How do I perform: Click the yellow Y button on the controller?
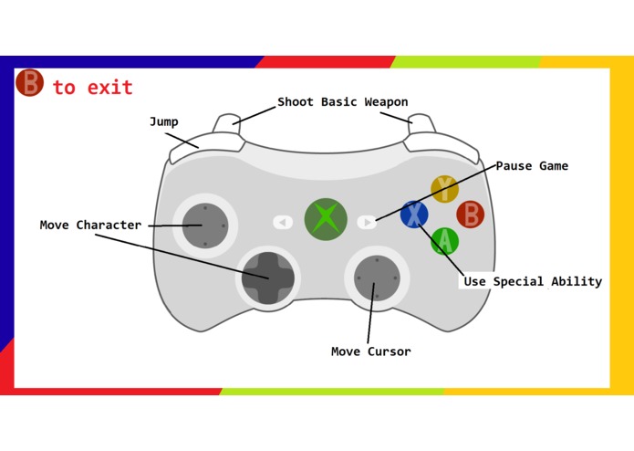point(444,189)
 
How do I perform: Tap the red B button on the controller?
point(471,215)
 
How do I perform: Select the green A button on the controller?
point(445,241)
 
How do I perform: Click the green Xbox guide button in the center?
point(326,219)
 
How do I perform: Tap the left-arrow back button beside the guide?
point(283,222)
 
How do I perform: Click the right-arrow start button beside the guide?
point(367,222)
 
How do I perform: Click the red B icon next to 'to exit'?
point(30,84)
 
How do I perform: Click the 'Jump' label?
point(164,121)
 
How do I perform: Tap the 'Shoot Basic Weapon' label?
point(342,101)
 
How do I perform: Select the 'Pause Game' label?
point(532,166)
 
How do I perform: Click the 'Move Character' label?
point(90,225)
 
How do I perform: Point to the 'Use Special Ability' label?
point(532,281)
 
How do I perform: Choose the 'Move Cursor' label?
point(370,351)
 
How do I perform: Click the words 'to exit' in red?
point(92,88)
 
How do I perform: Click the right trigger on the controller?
point(421,121)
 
